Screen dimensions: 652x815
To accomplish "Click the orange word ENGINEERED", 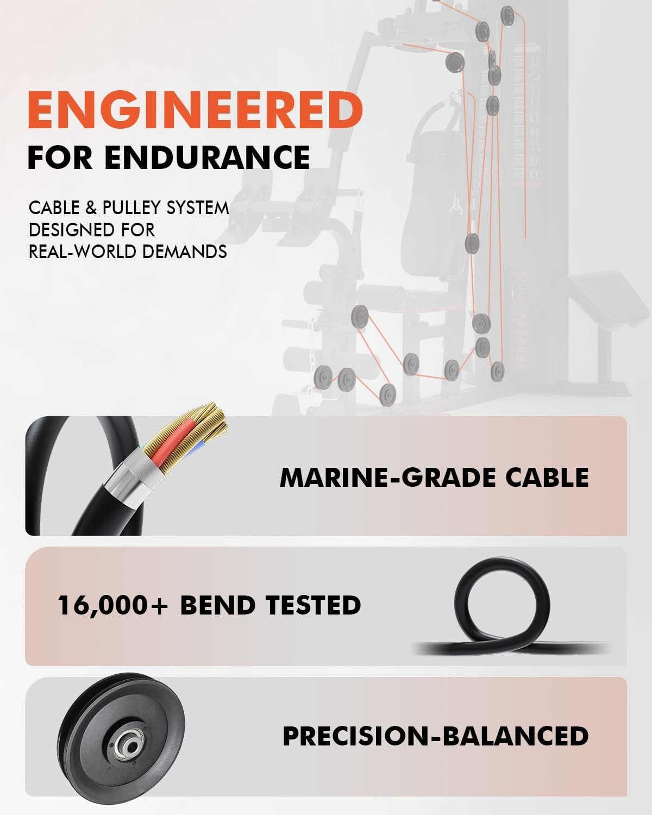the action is pos(195,110).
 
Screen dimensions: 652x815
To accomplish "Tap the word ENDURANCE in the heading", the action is pos(207,157).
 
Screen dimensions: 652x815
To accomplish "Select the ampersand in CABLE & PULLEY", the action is pos(91,208).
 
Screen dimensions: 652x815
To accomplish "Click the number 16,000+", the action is pos(112,605).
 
